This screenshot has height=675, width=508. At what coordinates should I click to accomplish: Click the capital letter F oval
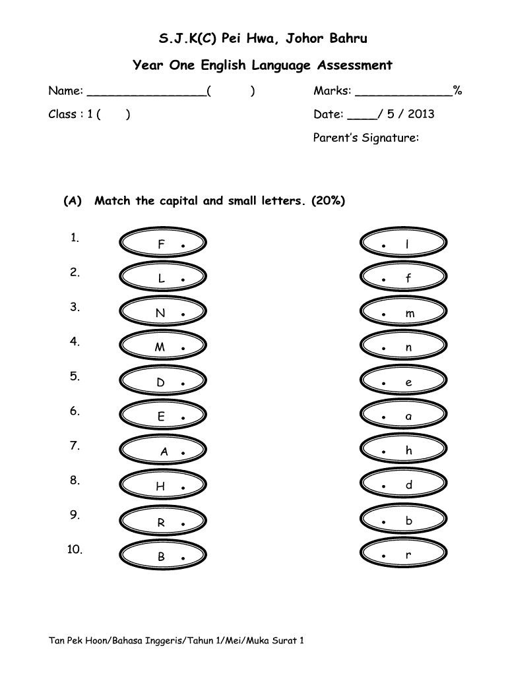pyautogui.click(x=163, y=245)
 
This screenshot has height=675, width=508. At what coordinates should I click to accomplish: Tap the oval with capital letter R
pyautogui.click(x=163, y=523)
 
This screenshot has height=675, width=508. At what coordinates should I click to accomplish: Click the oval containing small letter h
pyautogui.click(x=403, y=451)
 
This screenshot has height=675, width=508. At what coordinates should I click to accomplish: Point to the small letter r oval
pyautogui.click(x=403, y=556)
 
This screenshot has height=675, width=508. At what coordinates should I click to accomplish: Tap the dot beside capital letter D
pyautogui.click(x=182, y=383)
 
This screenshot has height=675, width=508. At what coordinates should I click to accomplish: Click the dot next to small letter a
pyautogui.click(x=383, y=418)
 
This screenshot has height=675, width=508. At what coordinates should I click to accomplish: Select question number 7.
pyautogui.click(x=75, y=446)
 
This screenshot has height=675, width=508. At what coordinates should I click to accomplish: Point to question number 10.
pyautogui.click(x=75, y=550)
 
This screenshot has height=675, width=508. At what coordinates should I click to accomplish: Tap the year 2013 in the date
pyautogui.click(x=421, y=114)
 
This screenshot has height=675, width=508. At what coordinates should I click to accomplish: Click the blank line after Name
pyautogui.click(x=146, y=92)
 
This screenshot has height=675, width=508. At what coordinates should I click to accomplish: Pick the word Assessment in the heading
pyautogui.click(x=355, y=65)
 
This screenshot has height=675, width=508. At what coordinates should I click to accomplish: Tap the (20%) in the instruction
pyautogui.click(x=327, y=200)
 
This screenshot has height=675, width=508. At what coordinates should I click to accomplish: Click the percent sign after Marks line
pyautogui.click(x=457, y=90)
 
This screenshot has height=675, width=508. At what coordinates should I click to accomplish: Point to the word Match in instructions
pyautogui.click(x=113, y=200)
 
